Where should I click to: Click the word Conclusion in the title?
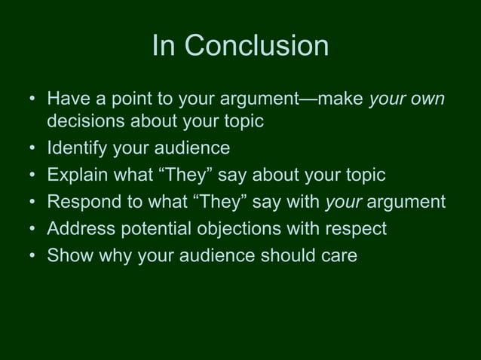[x=256, y=47]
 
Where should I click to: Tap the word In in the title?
[x=164, y=47]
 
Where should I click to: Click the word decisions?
[x=87, y=121]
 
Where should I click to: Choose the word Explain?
[x=77, y=175]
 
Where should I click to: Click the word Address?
[x=79, y=228]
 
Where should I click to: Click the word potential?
[x=155, y=229]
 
